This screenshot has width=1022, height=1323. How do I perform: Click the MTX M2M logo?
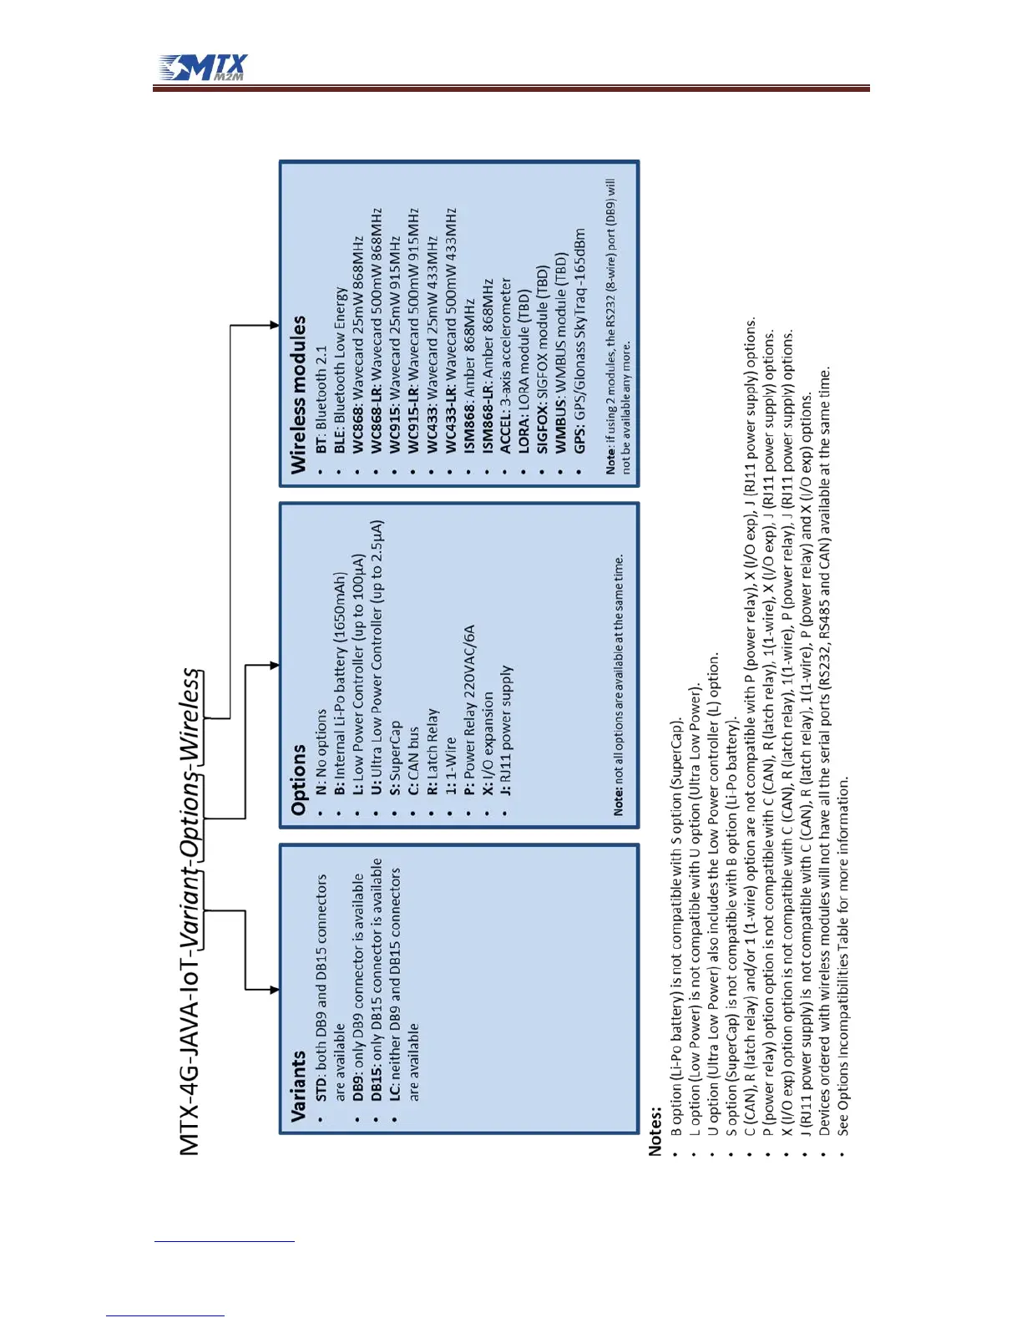tap(204, 68)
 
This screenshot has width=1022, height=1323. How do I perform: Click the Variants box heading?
tap(298, 1085)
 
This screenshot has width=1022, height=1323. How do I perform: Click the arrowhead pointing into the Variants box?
tap(275, 990)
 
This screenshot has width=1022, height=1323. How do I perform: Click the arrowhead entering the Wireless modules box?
tap(275, 325)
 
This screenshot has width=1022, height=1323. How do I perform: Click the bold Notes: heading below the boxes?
tap(655, 1132)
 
